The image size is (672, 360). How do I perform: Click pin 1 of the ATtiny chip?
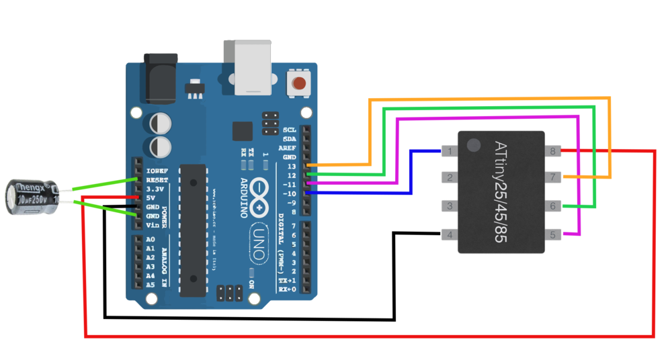point(448,151)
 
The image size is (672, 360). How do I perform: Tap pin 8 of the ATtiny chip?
point(553,151)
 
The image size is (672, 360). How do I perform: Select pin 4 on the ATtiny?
point(448,234)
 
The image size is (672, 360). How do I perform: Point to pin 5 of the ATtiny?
point(553,234)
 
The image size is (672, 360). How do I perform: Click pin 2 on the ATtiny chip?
point(448,178)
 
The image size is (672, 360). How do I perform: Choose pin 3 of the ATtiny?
point(448,206)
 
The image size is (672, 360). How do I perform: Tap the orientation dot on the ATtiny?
point(474,144)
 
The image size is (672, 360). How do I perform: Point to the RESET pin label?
point(157,180)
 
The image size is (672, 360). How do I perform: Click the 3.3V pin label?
point(155,189)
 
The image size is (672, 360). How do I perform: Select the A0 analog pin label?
point(151,239)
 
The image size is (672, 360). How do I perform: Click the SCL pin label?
point(290,130)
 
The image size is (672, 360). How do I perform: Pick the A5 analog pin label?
point(151,285)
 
